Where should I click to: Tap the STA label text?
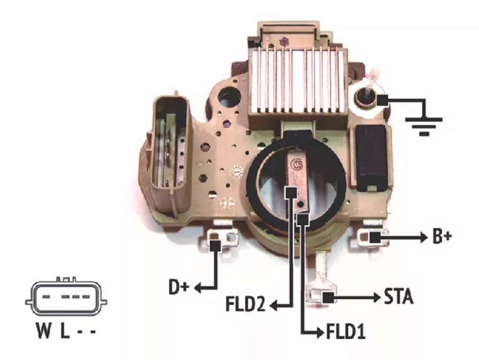tap(399, 296)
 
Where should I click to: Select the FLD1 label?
tap(346, 332)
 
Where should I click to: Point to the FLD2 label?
tap(246, 304)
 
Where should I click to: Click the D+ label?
tap(179, 287)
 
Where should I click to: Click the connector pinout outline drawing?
tap(66, 296)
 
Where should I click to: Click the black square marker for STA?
tap(328, 297)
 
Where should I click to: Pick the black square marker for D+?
tap(216, 246)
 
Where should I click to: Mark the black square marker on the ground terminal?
tap(382, 100)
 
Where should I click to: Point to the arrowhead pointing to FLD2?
tap(274, 305)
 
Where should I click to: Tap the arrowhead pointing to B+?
tap(424, 237)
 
